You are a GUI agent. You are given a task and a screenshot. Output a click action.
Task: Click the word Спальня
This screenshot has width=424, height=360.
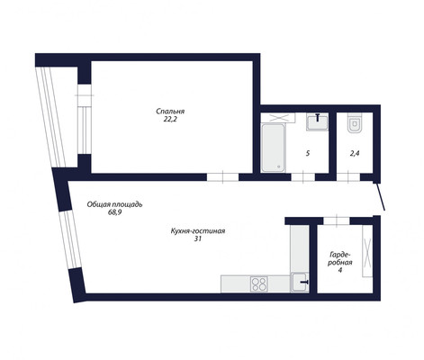click(170, 112)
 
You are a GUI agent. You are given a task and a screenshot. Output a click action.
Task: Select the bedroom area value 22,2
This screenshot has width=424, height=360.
click(169, 119)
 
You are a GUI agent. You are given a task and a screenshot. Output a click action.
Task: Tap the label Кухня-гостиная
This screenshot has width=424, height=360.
click(198, 231)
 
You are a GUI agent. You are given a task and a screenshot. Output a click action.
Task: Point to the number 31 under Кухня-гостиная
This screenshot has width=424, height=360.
click(198, 239)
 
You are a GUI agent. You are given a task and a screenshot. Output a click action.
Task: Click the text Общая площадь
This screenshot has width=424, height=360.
click(114, 204)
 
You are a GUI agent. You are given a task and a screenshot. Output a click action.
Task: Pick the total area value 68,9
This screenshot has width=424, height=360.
click(114, 212)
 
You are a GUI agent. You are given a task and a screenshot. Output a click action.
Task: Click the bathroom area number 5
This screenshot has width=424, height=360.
click(308, 154)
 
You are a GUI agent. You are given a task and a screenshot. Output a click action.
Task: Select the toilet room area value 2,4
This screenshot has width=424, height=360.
click(355, 154)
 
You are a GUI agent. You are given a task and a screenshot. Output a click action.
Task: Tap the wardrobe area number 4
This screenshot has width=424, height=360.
click(339, 270)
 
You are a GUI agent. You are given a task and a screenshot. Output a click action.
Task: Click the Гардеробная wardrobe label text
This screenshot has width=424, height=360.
click(339, 258)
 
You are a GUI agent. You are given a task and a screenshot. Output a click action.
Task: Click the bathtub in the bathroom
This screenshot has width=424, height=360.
click(273, 148)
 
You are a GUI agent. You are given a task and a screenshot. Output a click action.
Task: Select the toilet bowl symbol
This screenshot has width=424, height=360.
click(356, 122)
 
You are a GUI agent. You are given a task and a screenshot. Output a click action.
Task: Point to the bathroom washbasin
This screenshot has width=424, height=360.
click(317, 121)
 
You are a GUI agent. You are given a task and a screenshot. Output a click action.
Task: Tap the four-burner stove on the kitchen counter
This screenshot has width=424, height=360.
click(259, 283)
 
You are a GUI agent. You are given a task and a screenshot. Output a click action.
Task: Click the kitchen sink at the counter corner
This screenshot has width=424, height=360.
click(299, 282)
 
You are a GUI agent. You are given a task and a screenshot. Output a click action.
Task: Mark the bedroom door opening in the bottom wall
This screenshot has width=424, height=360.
click(223, 177)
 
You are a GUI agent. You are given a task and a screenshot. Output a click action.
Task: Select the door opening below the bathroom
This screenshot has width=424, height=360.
click(303, 177)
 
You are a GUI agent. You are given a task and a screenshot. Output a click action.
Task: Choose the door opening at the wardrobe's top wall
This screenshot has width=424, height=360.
click(337, 220)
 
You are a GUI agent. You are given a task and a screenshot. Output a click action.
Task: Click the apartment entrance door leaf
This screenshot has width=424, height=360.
click(380, 196)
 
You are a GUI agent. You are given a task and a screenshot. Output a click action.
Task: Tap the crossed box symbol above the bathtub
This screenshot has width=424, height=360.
click(278, 118)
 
